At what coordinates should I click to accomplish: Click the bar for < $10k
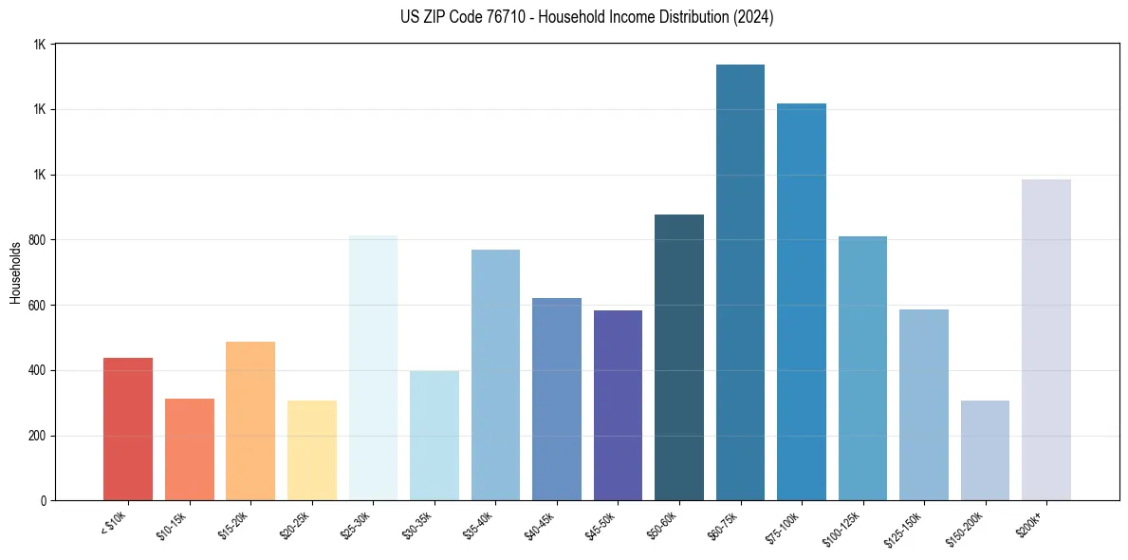point(128,429)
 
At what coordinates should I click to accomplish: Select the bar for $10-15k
point(190,450)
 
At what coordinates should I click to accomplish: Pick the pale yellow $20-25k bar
point(312,451)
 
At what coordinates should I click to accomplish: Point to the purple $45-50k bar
point(618,405)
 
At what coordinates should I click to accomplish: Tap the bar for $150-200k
point(985,451)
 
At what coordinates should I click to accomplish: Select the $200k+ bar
point(1046,340)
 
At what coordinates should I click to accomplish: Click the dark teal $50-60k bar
point(679,358)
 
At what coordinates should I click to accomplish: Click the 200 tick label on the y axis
point(37,436)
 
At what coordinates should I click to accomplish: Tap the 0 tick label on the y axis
point(43,501)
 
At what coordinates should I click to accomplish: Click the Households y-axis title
point(15,272)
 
